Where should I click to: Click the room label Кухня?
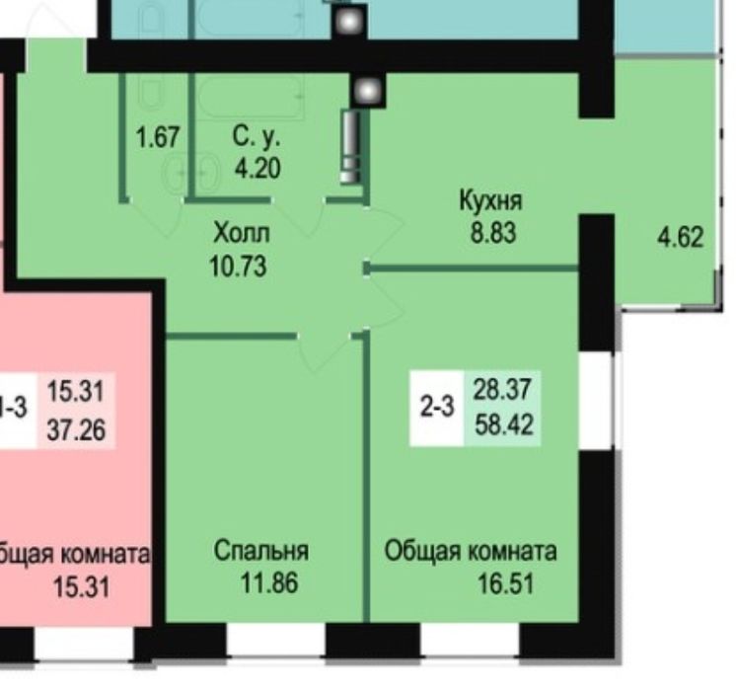tap(490, 201)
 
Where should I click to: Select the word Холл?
tap(241, 234)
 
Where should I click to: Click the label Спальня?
tap(260, 551)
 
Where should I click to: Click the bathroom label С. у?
tap(257, 136)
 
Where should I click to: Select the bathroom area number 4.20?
tap(257, 168)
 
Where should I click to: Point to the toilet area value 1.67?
tap(157, 136)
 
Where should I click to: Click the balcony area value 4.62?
tap(681, 237)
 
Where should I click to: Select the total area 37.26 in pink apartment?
tap(77, 429)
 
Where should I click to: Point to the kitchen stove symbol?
tap(351, 146)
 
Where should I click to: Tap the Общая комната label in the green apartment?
tap(471, 551)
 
